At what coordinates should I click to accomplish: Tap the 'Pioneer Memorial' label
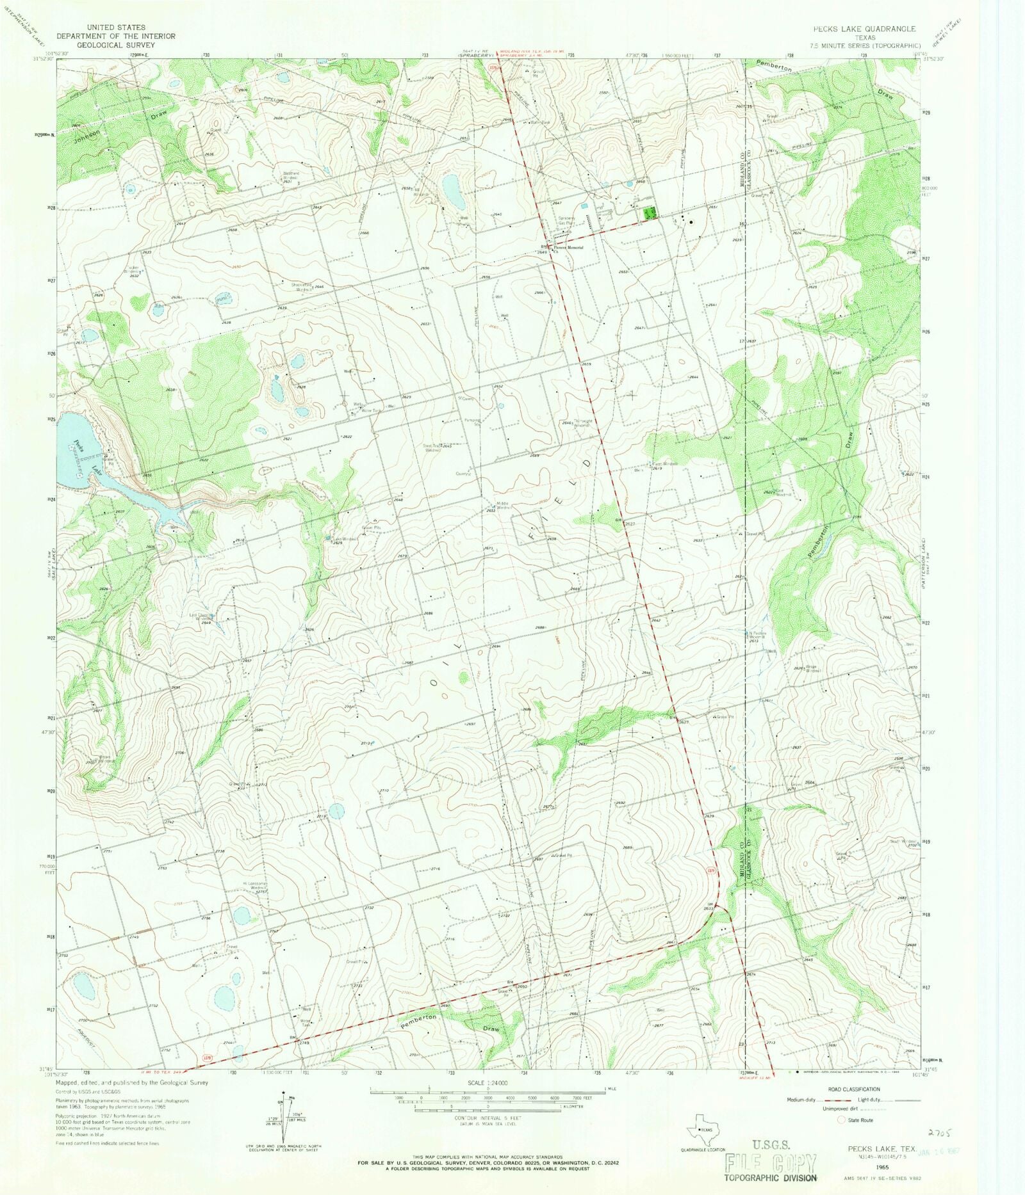pos(569,247)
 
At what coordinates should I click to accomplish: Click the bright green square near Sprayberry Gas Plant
pos(649,213)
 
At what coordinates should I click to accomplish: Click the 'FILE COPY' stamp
pos(771,1162)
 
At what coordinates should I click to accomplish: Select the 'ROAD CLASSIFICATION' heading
pos(853,1089)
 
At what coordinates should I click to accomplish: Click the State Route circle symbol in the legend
pos(841,1120)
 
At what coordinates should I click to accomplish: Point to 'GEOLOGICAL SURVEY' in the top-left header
pos(116,45)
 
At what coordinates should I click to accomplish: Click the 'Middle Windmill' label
pos(503,505)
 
